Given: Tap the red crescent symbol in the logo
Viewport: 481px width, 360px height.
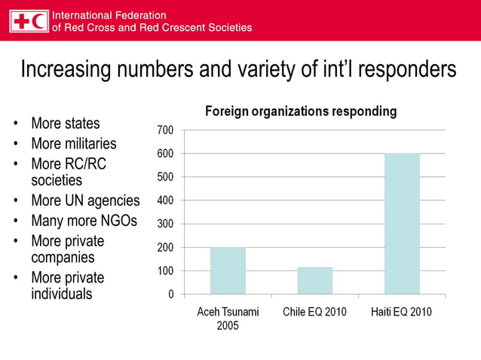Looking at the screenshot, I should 38,21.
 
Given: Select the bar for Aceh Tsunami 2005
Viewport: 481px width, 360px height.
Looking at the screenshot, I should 228,270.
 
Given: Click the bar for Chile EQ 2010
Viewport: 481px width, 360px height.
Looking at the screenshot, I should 314,280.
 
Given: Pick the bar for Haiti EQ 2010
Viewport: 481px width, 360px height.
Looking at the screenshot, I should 402,224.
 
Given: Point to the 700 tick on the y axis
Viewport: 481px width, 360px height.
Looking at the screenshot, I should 165,130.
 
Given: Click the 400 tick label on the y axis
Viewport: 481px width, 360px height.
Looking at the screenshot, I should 165,201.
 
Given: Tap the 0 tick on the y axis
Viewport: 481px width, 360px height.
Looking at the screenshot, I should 170,294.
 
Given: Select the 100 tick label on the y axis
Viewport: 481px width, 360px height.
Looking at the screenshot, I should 165,271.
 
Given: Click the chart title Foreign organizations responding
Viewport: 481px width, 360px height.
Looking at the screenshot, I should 301,111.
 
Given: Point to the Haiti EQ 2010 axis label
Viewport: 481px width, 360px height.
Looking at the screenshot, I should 402,312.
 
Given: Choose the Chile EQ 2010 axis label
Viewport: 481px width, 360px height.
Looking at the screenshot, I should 314,312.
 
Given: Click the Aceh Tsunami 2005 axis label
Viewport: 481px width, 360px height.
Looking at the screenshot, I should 228,319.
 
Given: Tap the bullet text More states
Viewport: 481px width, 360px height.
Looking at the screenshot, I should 65,123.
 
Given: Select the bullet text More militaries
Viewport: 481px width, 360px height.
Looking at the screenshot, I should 73,143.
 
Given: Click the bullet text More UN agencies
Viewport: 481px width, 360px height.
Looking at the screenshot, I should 85,200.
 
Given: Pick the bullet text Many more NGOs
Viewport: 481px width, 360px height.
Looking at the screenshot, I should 84,221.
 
